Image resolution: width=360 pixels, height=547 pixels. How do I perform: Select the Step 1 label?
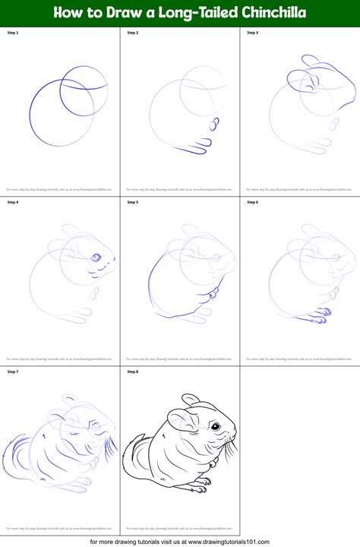click(12, 33)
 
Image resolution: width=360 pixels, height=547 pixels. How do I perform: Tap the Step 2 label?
click(132, 33)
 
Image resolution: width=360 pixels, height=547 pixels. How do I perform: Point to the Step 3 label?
click(252, 33)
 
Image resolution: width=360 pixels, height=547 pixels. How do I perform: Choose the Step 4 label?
click(12, 202)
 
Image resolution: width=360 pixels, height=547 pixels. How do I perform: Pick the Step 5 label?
click(132, 202)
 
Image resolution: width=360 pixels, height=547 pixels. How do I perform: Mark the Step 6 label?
click(252, 202)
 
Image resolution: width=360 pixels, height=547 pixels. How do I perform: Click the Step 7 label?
click(12, 372)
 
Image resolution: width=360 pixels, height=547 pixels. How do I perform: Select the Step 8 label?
click(132, 372)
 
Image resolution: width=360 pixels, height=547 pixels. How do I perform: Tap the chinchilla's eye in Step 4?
click(96, 258)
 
